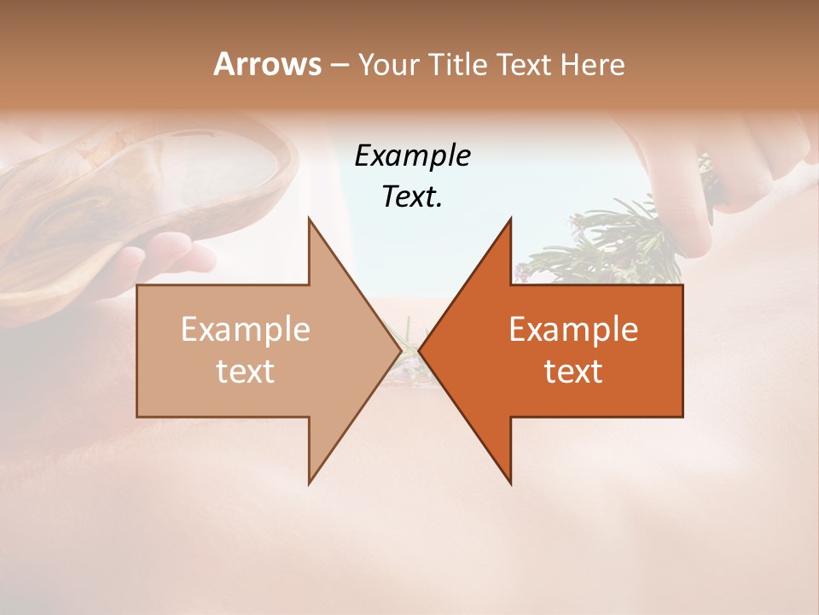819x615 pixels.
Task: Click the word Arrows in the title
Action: click(x=267, y=64)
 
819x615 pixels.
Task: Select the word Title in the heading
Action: click(x=460, y=64)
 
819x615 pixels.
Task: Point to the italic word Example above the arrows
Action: click(x=412, y=155)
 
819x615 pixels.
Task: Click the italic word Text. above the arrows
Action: click(x=412, y=196)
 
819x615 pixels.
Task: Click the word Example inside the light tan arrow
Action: click(x=246, y=330)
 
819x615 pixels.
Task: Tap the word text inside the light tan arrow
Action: click(x=246, y=372)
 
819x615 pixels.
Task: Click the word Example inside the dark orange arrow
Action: click(x=573, y=330)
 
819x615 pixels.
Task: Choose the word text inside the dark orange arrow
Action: click(x=573, y=372)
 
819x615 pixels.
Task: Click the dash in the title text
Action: click(x=338, y=65)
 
